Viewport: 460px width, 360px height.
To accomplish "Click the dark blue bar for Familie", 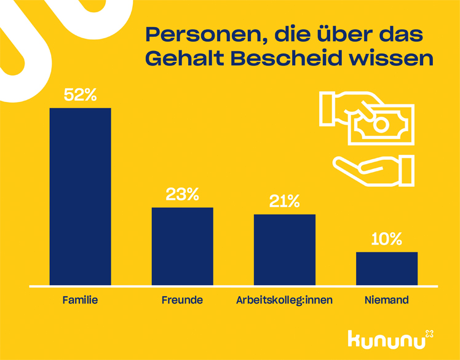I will pyautogui.click(x=80, y=197).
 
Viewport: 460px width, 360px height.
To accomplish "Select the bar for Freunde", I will pyautogui.click(x=182, y=246).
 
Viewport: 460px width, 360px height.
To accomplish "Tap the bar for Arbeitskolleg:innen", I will pyautogui.click(x=284, y=249).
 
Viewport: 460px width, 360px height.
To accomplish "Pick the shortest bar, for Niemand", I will pyautogui.click(x=386, y=268).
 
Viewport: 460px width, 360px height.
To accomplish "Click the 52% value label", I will pyautogui.click(x=81, y=95).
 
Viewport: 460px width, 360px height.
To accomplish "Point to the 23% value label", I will pyautogui.click(x=183, y=195).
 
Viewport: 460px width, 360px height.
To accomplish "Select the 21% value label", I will pyautogui.click(x=284, y=202).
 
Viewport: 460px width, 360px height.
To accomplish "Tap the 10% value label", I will pyautogui.click(x=386, y=239).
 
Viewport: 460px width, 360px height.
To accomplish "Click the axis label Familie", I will pyautogui.click(x=81, y=300).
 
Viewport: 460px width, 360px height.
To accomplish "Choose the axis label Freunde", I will pyautogui.click(x=182, y=300).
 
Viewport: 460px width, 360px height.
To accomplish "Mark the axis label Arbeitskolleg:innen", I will pyautogui.click(x=284, y=300).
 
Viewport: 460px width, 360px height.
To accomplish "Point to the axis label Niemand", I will pyautogui.click(x=386, y=300).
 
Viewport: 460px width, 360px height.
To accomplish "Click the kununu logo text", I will pyautogui.click(x=386, y=338).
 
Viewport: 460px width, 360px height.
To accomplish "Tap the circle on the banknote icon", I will pyautogui.click(x=381, y=125).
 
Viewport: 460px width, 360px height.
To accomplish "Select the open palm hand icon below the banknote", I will pyautogui.click(x=373, y=170).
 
